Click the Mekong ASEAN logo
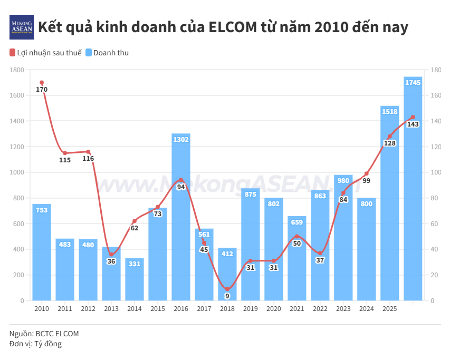pyautogui.click(x=22, y=27)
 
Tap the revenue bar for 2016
pyautogui.click(x=181, y=221)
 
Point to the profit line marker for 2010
pyautogui.click(x=42, y=83)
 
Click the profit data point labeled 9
pyautogui.click(x=227, y=289)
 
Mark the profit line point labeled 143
pyautogui.click(x=413, y=117)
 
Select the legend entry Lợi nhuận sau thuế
pyautogui.click(x=46, y=53)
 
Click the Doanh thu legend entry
pyautogui.click(x=107, y=53)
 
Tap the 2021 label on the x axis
pyautogui.click(x=297, y=309)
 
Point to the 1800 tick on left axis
pyautogui.click(x=17, y=70)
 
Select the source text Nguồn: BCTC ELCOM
pyautogui.click(x=44, y=334)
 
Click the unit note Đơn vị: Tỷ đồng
pyautogui.click(x=35, y=344)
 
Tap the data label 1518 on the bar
pyautogui.click(x=389, y=111)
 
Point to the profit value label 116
pyautogui.click(x=88, y=159)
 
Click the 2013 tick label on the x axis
pyautogui.click(x=111, y=309)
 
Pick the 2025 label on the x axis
pyautogui.click(x=389, y=309)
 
